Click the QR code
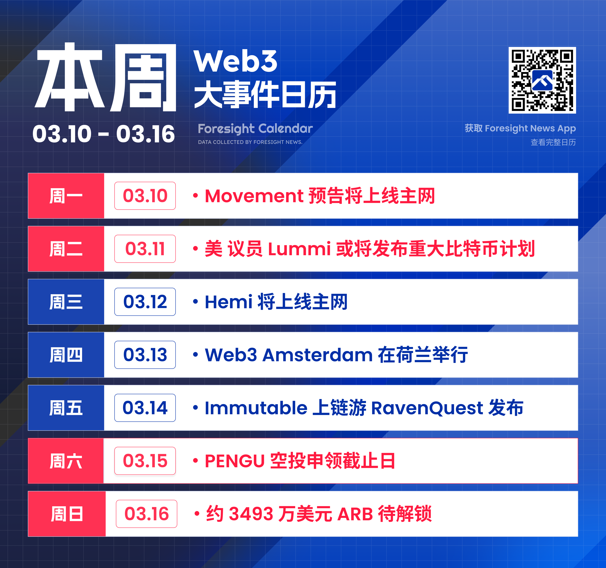[542, 80]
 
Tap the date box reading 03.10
[145, 196]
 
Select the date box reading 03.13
[145, 355]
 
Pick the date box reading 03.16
[147, 514]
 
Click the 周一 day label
[66, 196]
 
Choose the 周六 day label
[66, 461]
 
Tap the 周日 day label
[67, 514]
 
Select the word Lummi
[299, 249]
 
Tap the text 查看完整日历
[553, 142]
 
